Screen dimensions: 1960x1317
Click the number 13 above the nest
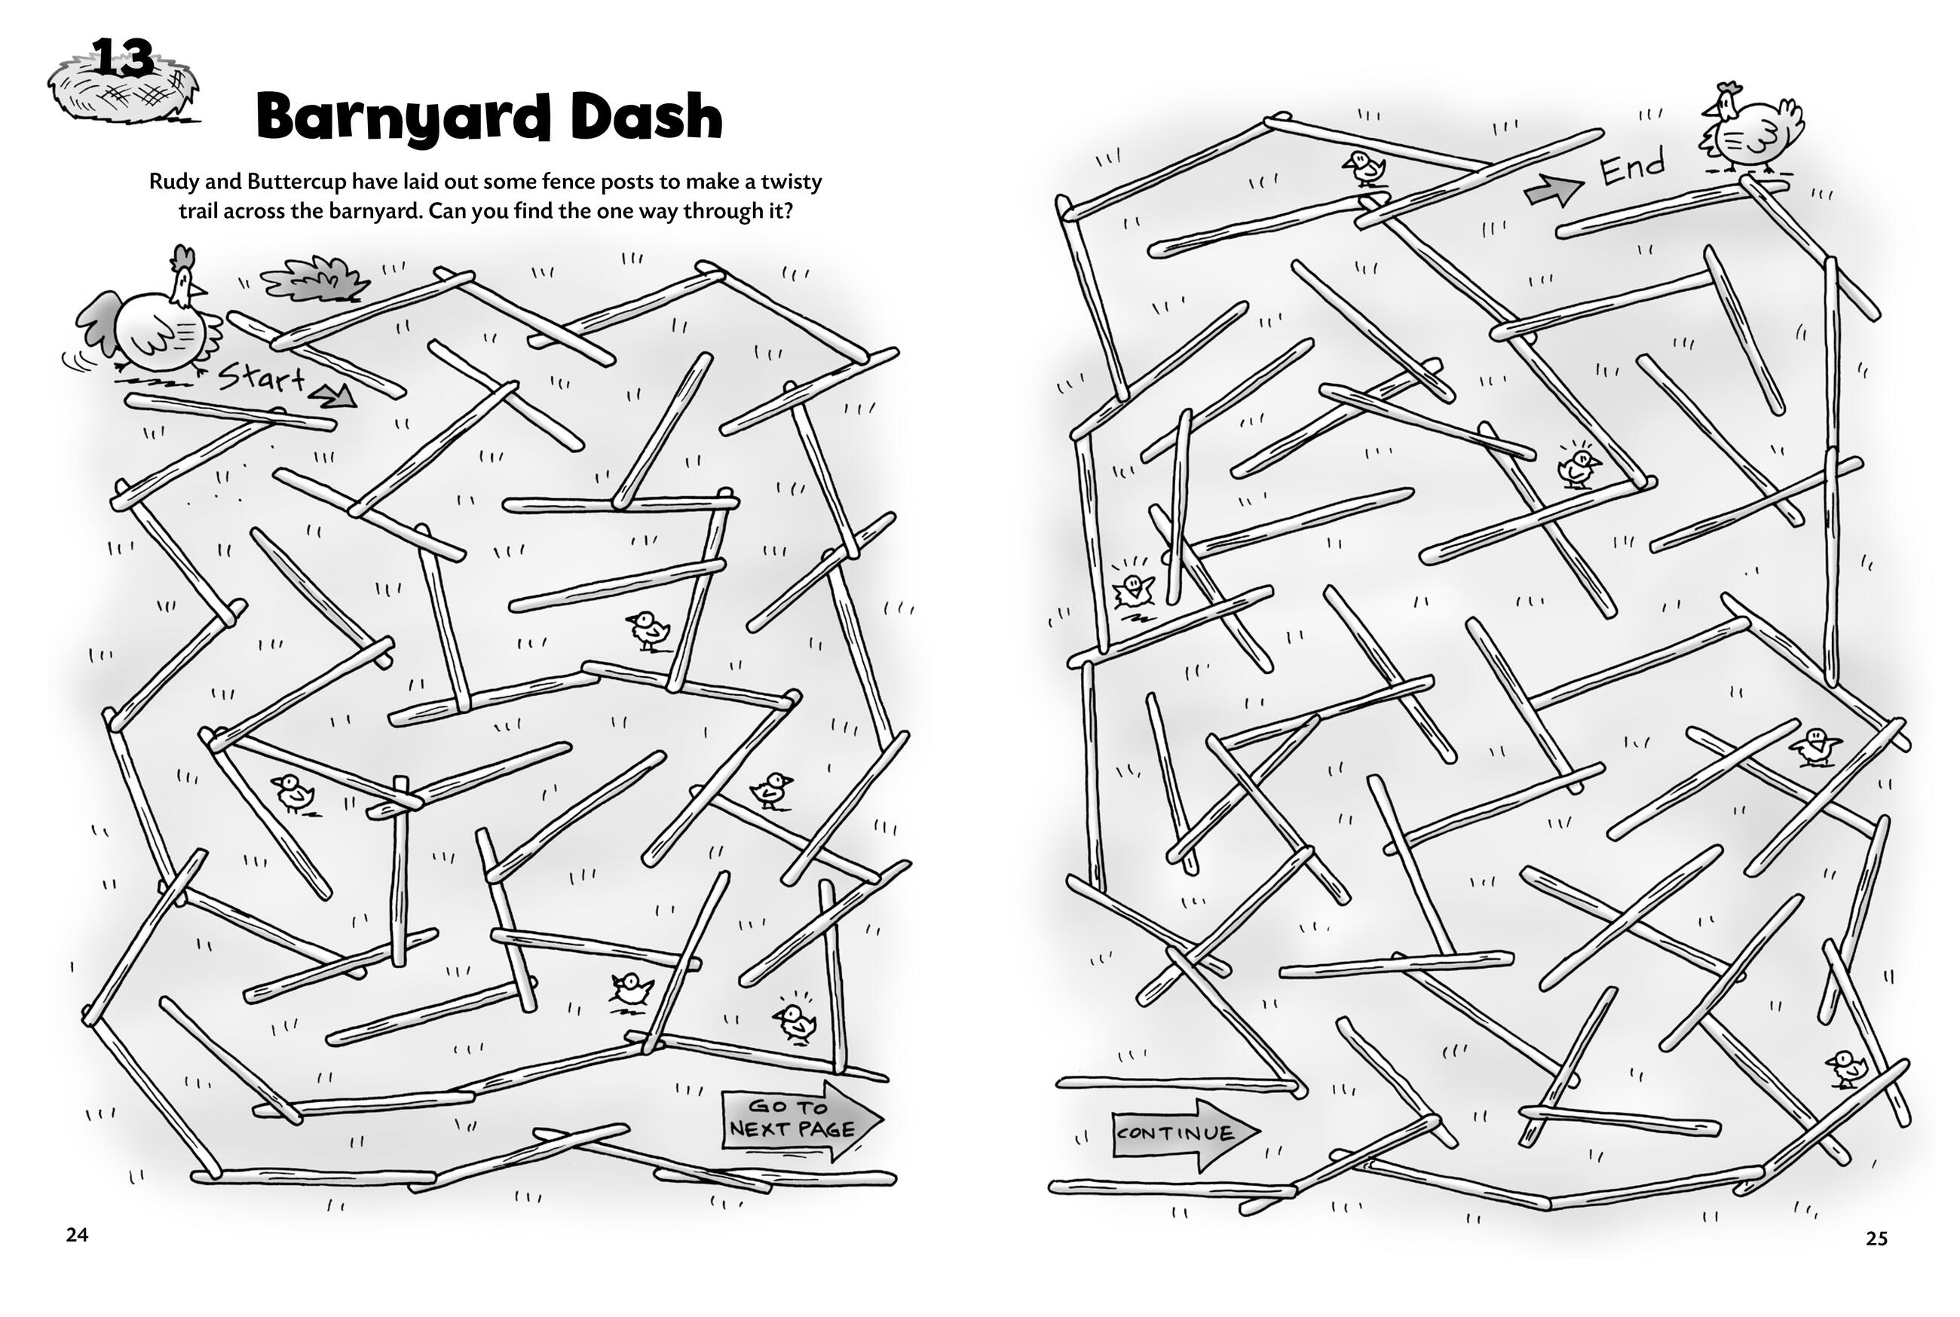(x=123, y=58)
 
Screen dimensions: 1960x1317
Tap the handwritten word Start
(x=261, y=378)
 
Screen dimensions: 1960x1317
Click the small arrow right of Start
(x=333, y=395)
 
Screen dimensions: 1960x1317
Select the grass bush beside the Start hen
(x=316, y=280)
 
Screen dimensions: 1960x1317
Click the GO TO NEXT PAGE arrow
(x=802, y=1120)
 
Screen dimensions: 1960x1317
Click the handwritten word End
(x=1631, y=167)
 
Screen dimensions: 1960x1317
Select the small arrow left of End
(x=1554, y=191)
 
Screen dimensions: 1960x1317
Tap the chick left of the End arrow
(x=1364, y=168)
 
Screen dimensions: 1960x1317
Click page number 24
(x=77, y=1235)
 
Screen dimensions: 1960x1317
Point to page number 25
(x=1876, y=1238)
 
